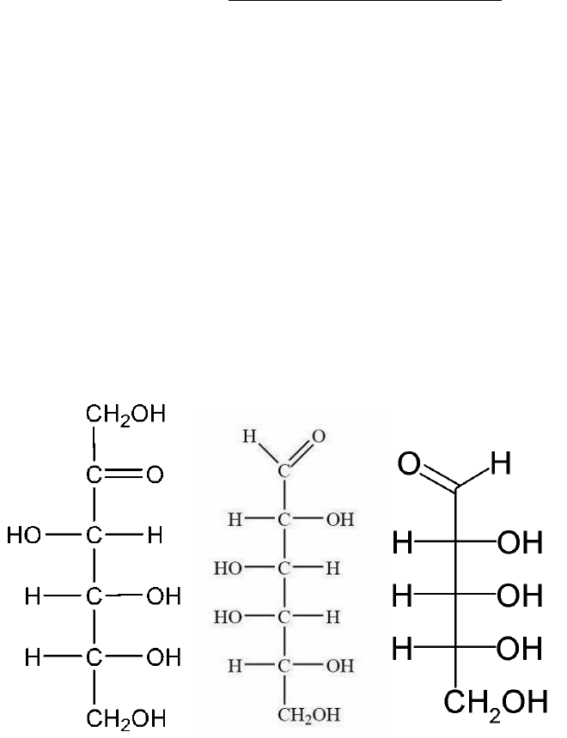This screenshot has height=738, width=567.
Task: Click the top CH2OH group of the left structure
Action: pyautogui.click(x=125, y=417)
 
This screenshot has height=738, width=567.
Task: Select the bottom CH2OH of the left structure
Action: pyautogui.click(x=125, y=716)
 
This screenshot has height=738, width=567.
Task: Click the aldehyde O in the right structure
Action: pyautogui.click(x=409, y=469)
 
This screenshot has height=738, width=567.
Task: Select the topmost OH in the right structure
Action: pyautogui.click(x=520, y=543)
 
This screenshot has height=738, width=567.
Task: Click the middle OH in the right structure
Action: pyautogui.click(x=520, y=594)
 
